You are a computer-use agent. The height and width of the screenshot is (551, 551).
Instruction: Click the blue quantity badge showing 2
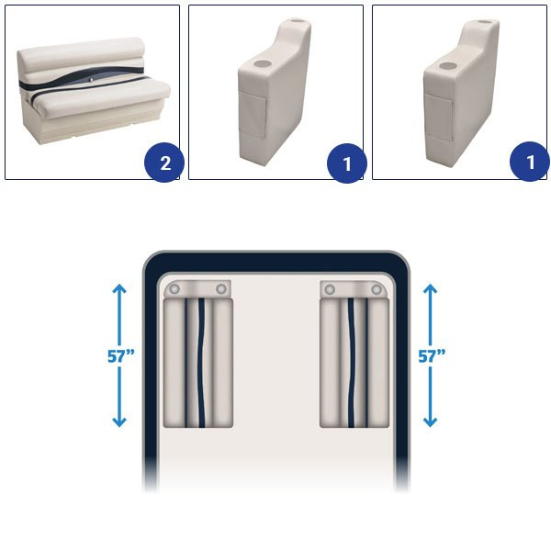(164, 163)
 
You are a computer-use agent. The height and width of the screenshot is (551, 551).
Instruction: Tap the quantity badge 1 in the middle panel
(347, 163)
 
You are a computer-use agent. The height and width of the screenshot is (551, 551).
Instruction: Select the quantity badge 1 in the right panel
(530, 162)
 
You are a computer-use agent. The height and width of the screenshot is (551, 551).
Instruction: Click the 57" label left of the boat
(121, 356)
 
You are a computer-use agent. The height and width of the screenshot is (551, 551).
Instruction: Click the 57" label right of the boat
(432, 356)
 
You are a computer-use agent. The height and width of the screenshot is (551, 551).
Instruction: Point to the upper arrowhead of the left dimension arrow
(119, 288)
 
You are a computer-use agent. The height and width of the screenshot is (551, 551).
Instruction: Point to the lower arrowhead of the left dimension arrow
(119, 422)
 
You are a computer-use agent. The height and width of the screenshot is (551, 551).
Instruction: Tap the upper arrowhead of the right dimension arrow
(430, 288)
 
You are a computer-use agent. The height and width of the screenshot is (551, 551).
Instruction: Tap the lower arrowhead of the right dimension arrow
(430, 422)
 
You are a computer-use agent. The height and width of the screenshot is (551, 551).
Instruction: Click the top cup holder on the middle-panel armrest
(298, 20)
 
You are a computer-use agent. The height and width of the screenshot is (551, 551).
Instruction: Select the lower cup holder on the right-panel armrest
(447, 66)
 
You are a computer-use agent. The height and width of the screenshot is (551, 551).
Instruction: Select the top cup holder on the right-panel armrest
(485, 22)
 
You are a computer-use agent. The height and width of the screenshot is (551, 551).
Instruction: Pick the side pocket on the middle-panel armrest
(253, 114)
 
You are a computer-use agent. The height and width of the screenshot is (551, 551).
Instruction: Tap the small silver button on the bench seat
(92, 80)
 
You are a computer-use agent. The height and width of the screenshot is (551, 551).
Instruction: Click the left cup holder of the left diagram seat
(174, 289)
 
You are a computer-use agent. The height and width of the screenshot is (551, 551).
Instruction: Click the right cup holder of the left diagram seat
(221, 289)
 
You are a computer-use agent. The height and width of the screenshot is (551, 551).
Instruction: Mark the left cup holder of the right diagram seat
(330, 289)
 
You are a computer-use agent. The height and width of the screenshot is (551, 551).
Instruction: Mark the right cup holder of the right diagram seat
(377, 289)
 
